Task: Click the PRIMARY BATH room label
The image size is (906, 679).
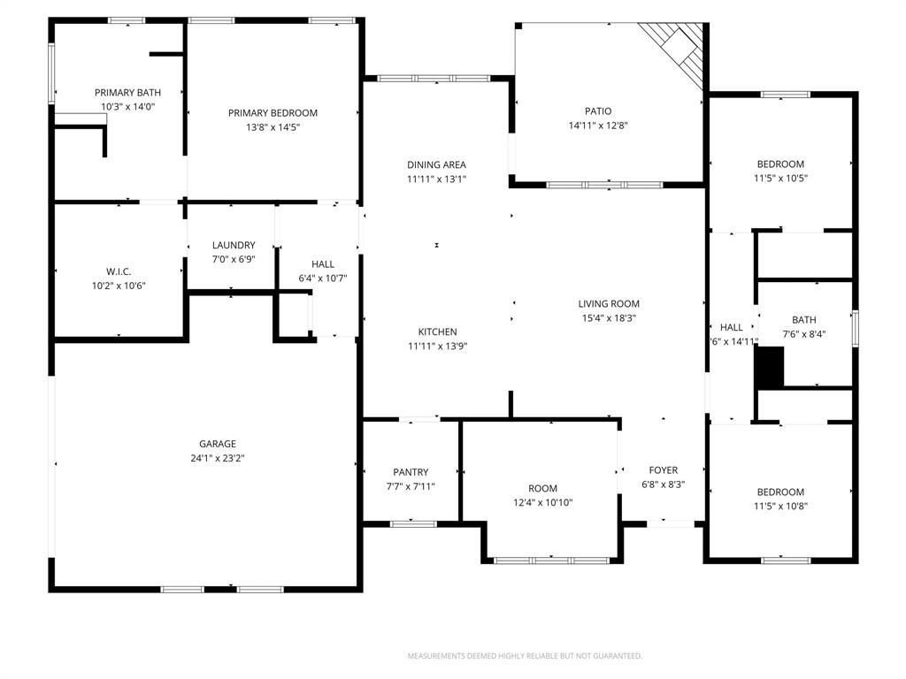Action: coord(127,92)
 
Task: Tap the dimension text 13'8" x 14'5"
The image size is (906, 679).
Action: coord(273,127)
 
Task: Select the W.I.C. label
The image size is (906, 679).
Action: coord(119,271)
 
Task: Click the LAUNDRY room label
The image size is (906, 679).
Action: coord(234,245)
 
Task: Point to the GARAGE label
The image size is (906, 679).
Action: coord(217,444)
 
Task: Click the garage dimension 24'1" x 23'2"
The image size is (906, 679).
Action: coord(217,458)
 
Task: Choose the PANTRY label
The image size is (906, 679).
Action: coord(411,472)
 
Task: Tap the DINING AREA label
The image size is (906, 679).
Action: coord(436,164)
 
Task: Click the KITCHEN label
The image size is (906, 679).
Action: coord(437,332)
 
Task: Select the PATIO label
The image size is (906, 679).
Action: coord(597,111)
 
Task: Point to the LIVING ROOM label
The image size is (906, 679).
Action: coord(609,303)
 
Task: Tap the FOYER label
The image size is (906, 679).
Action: coord(663,470)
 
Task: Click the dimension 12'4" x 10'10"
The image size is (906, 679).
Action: coord(543,502)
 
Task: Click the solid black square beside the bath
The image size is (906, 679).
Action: coord(770,367)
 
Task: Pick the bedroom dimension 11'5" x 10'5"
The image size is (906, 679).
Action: coord(780,178)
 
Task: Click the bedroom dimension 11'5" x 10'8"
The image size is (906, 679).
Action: coord(780,507)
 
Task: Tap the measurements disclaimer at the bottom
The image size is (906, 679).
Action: coord(525,656)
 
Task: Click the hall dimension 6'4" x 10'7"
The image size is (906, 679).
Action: coord(323,278)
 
